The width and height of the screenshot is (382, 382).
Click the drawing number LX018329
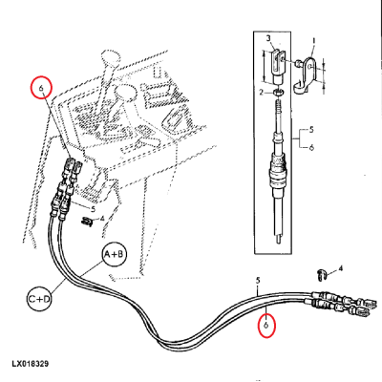coord(31,364)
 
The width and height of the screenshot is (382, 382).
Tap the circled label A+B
coord(115,255)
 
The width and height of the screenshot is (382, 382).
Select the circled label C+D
coord(39,299)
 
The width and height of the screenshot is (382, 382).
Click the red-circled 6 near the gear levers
coord(41,87)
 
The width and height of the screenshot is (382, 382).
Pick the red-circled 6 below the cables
coord(266,326)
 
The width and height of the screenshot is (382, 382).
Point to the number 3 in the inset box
coord(268,39)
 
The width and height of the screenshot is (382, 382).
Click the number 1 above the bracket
coord(313,41)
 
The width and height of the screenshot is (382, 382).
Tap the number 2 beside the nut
coord(261,93)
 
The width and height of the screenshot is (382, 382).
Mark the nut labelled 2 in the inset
coord(279,93)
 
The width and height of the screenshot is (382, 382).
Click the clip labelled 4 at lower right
coord(322,275)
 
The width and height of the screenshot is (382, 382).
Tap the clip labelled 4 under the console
coord(87,222)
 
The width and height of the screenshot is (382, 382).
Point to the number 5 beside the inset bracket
coord(311,130)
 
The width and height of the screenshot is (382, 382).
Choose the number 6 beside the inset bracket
coord(311,147)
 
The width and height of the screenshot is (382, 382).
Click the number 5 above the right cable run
coord(258,281)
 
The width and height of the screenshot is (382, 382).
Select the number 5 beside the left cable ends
coord(93,209)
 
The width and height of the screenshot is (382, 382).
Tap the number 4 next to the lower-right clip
coord(341,268)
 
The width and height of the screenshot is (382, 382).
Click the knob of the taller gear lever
coord(111,57)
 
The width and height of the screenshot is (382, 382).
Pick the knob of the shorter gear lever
coord(125,93)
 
